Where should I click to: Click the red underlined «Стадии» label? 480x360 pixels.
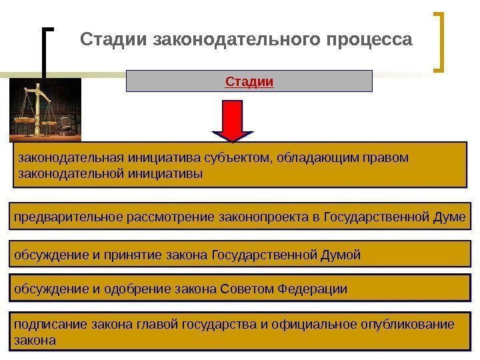click(250, 82)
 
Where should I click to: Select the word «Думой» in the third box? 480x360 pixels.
click(342, 255)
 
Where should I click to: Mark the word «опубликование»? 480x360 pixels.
click(406, 325)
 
